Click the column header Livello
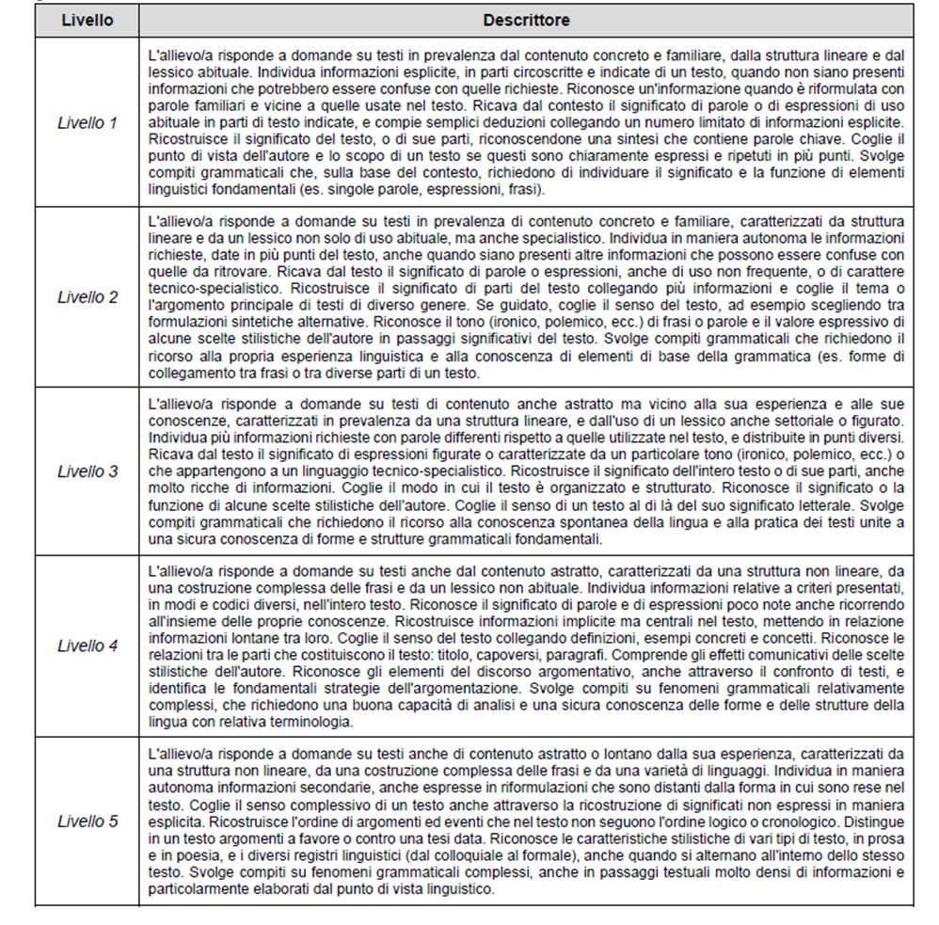tap(88, 19)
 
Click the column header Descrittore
tap(526, 19)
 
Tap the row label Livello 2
tap(88, 297)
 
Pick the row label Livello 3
tap(88, 471)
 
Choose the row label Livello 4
tap(88, 646)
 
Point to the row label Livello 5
tap(88, 821)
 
